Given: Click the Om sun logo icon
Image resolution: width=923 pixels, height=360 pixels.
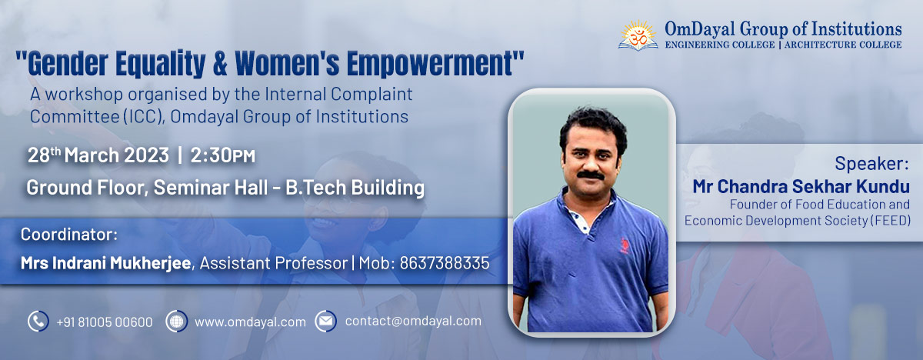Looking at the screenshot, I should tap(638, 35).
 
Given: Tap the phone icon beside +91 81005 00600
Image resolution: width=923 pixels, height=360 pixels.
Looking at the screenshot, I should tap(38, 322).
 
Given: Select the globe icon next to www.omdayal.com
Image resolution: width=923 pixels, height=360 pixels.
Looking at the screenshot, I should tap(177, 322).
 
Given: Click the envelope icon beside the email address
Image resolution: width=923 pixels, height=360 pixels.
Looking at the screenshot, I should tap(326, 322).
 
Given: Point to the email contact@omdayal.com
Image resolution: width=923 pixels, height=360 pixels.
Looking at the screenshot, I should tap(413, 322).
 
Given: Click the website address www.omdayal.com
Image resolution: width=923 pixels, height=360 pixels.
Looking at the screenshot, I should tap(250, 322).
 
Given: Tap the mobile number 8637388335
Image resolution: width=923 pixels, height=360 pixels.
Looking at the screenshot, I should tap(443, 263).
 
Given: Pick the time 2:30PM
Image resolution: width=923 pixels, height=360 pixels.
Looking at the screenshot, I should tap(223, 155).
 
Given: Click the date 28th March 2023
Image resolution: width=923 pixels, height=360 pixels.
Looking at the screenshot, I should tap(98, 155).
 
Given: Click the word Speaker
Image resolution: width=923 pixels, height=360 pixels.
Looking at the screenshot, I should tap(871, 164).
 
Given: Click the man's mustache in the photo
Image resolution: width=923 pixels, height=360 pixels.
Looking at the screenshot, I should tap(590, 175).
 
